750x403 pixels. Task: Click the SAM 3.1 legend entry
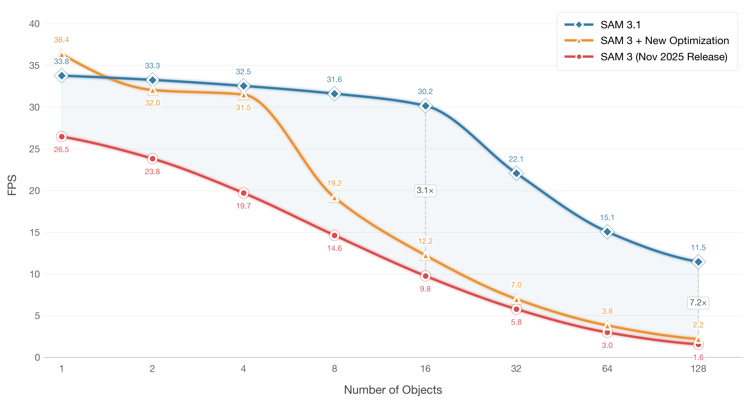coord(602,25)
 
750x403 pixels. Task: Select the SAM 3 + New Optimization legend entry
coord(647,41)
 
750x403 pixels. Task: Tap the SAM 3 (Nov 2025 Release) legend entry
coord(646,57)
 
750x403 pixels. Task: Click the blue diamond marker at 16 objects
coord(425,106)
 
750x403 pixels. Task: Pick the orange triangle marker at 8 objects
coord(334,198)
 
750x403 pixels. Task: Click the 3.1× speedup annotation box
coord(425,190)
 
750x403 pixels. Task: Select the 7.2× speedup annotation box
coord(698,303)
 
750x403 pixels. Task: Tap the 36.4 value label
coord(61,40)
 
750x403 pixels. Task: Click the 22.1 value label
coord(516,159)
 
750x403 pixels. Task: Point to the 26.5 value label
coord(61,149)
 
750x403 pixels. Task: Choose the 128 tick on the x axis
coord(698,369)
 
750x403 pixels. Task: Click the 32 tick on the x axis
coord(516,369)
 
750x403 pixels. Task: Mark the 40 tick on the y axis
coord(34,24)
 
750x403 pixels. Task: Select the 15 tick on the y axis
coord(34,232)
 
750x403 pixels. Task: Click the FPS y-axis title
coord(12,185)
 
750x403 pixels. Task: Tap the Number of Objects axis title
coord(393,390)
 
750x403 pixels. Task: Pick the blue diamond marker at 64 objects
coord(607,232)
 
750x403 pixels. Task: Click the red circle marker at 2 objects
coord(152,159)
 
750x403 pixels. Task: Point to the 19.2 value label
coord(334,183)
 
